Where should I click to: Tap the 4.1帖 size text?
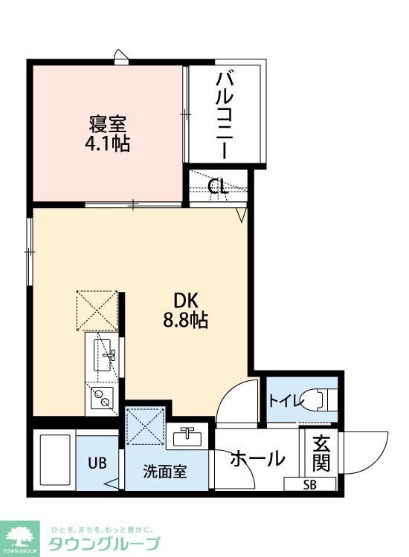click(107, 144)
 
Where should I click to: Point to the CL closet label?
click(218, 186)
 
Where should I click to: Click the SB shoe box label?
click(309, 486)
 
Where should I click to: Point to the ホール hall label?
click(257, 459)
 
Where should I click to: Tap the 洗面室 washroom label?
click(165, 470)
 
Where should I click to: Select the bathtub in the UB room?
click(54, 461)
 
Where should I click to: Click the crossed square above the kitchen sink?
click(97, 310)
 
